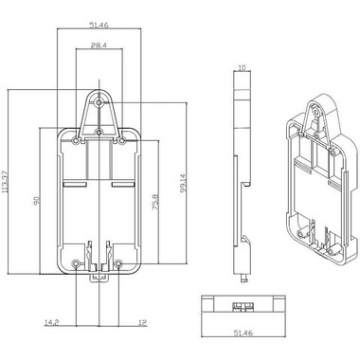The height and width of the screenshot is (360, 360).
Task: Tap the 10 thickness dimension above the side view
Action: click(243, 68)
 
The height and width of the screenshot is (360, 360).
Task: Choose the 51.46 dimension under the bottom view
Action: click(243, 333)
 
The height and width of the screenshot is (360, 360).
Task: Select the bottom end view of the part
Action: click(243, 308)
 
